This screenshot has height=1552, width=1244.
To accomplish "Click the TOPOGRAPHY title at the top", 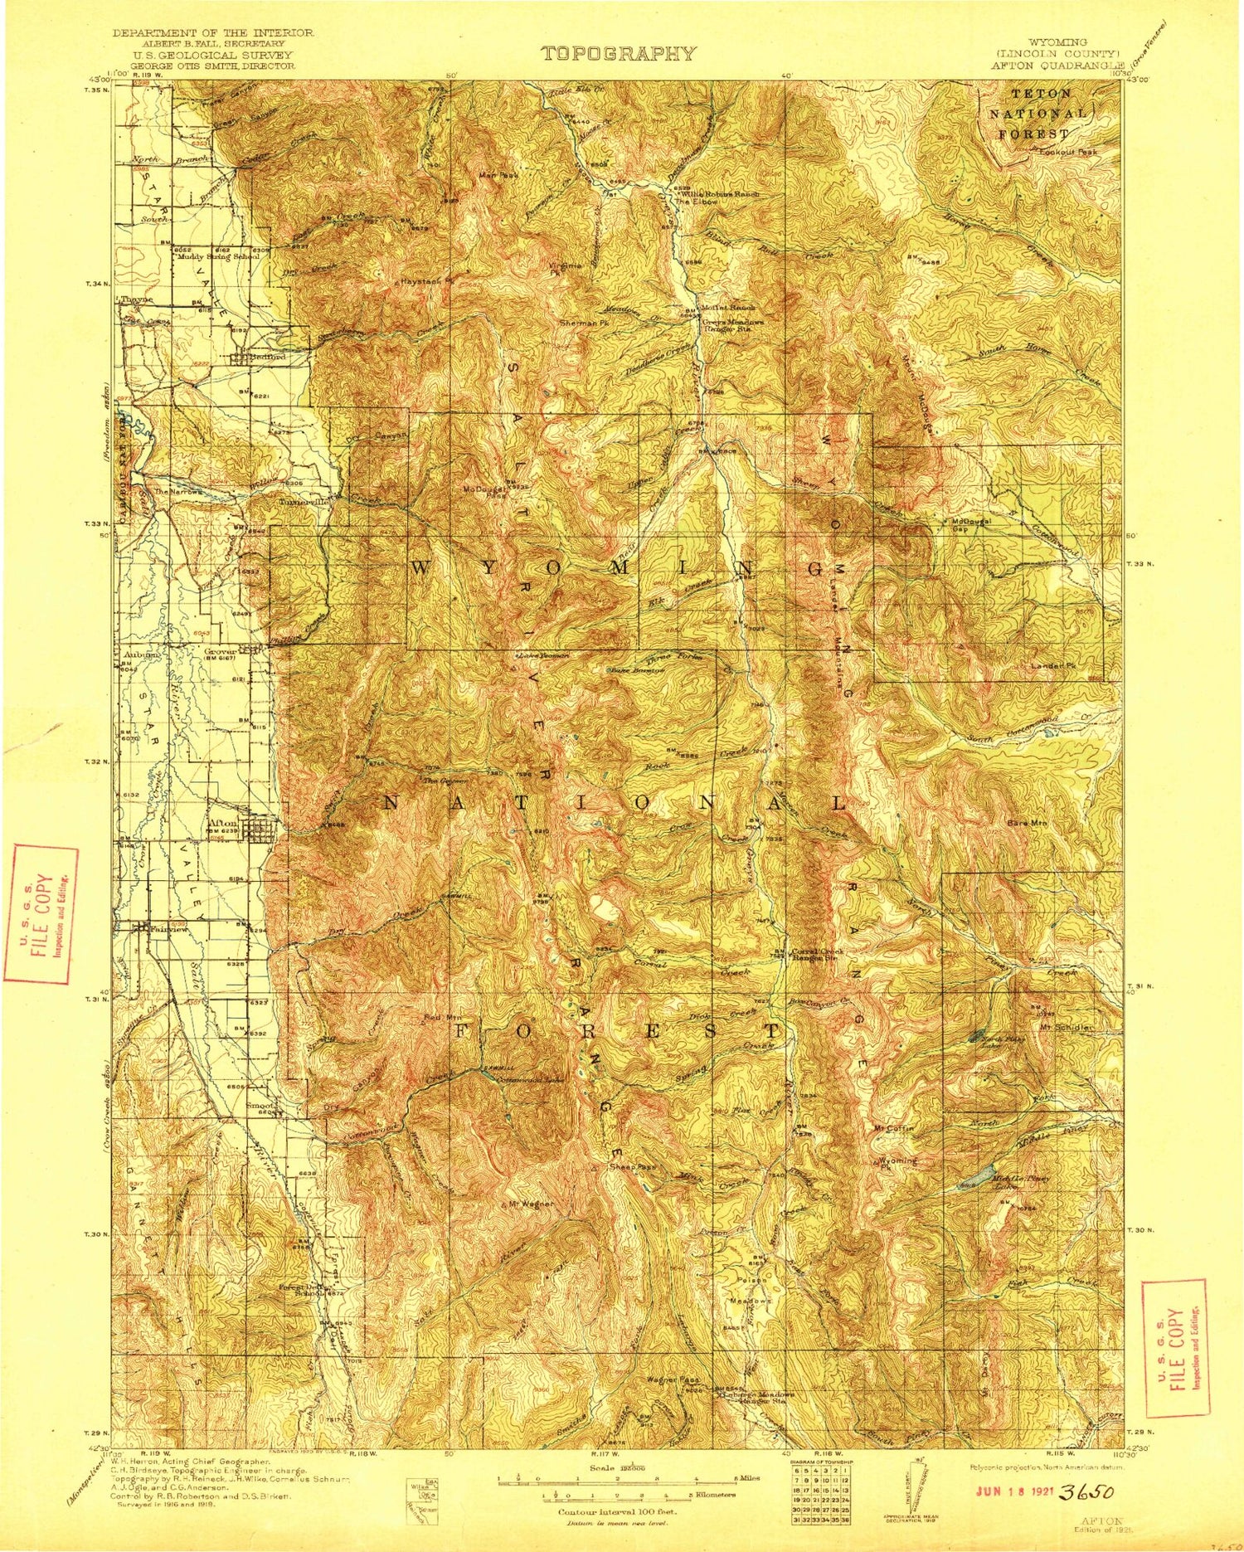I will coord(618,54).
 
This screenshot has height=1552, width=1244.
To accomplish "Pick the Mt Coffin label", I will coord(893,1128).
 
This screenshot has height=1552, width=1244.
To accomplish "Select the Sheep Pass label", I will coord(634,1166).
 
